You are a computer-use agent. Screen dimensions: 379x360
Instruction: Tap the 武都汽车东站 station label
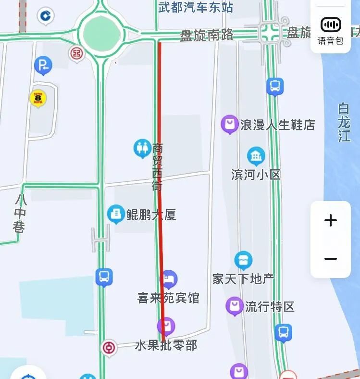[196, 7]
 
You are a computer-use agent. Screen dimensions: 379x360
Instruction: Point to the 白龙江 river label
[344, 122]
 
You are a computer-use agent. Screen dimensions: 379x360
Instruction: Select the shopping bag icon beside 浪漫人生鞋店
[230, 124]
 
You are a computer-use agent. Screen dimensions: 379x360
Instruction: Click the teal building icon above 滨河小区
[256, 156]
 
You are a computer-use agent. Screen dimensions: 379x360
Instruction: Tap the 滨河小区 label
[256, 174]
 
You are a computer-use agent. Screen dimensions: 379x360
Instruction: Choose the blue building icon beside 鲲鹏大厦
[116, 214]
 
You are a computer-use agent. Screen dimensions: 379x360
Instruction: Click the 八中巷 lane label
[19, 213]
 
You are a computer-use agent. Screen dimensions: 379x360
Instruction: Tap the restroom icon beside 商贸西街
[142, 148]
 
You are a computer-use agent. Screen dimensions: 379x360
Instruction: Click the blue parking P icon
[43, 65]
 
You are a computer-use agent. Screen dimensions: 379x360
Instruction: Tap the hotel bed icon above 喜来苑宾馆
[168, 278]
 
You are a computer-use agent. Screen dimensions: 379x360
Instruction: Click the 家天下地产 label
[243, 278]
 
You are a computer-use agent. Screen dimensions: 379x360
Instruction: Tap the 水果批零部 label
[166, 345]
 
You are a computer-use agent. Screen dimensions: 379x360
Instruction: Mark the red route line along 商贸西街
[161, 192]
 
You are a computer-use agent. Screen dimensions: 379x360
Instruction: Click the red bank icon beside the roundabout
[76, 53]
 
